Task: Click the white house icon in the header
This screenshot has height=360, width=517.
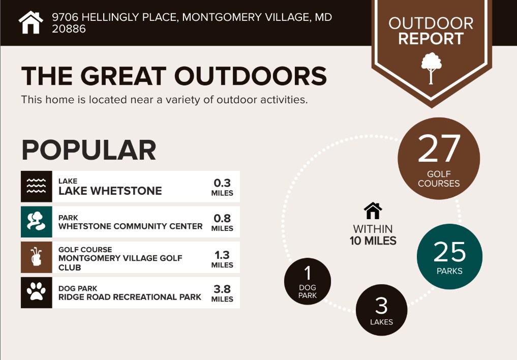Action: pos(31,22)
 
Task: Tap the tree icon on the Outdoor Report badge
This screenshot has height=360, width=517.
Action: pos(431,68)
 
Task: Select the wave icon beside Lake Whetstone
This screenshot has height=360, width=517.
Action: pos(36,186)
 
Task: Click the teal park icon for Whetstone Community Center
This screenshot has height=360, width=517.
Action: pos(36,222)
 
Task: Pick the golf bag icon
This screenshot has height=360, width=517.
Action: pos(36,257)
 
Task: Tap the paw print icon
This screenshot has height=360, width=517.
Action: pos(36,292)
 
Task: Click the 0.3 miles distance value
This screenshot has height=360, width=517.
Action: pos(222,187)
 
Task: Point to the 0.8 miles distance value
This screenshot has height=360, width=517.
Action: pos(222,223)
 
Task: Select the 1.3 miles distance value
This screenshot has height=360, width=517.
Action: pos(222,259)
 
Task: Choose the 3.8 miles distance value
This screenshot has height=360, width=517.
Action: pos(222,293)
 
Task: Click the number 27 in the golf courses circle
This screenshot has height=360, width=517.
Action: pos(439,149)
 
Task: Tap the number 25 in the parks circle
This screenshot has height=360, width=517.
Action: pos(450,252)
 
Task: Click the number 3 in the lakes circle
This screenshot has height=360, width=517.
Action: pos(381,306)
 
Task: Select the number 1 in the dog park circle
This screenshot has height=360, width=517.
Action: pos(307,273)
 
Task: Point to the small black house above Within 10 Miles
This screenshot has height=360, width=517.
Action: pos(373,211)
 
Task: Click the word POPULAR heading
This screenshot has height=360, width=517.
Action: pos(88,150)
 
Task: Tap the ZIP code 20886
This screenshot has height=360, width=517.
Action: pos(69,29)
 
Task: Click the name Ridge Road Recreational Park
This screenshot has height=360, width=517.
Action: pos(130,297)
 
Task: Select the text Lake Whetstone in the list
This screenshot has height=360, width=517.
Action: pos(110,191)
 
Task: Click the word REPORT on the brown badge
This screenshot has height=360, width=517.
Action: pos(431,39)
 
